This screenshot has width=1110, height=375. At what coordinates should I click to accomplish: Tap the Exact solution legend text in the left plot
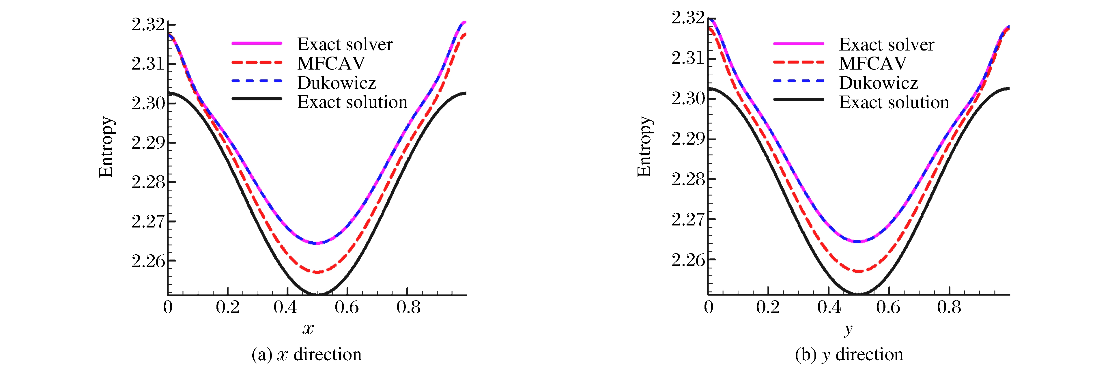[x=352, y=102]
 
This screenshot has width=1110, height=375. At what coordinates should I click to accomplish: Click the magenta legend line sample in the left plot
[x=257, y=44]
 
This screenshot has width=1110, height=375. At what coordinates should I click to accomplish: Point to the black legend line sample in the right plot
[x=799, y=100]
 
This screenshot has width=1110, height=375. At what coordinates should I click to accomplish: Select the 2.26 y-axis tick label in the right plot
[x=688, y=260]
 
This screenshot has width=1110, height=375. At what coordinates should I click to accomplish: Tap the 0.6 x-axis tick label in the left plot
[x=346, y=307]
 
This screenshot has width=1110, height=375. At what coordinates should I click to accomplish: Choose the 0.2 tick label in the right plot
[x=767, y=307]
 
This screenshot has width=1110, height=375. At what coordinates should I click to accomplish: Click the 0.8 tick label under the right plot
[x=949, y=307]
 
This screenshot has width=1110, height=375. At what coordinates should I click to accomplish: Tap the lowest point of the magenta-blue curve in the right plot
[x=858, y=242]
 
